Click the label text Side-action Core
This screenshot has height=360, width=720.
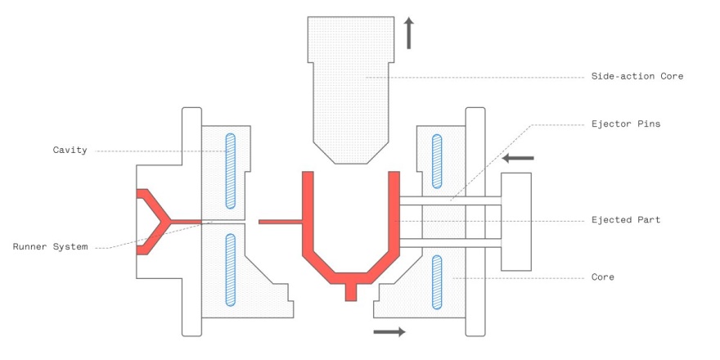pos(637,76)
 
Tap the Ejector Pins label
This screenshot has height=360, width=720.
pos(626,124)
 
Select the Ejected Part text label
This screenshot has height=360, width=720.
pos(626,220)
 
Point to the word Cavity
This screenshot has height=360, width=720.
pos(70,151)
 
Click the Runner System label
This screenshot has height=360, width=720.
pos(50,246)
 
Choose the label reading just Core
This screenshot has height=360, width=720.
pos(603,277)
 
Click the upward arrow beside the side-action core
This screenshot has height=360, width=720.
pos(408,33)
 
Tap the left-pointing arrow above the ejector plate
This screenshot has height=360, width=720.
pos(518,158)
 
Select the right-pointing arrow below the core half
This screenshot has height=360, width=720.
pos(389,331)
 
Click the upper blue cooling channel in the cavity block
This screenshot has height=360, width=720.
pos(231,171)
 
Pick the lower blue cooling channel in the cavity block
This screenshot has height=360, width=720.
pos(231,270)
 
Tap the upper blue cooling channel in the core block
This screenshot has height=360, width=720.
pos(437,161)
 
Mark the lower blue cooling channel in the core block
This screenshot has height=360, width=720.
pos(437,282)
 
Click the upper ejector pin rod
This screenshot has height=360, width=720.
pos(451,200)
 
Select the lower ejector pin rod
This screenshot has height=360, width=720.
pos(451,243)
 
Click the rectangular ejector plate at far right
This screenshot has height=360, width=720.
pos(516,222)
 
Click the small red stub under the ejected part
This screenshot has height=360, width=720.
pos(351,292)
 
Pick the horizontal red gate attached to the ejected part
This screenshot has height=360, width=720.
pos(281,222)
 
